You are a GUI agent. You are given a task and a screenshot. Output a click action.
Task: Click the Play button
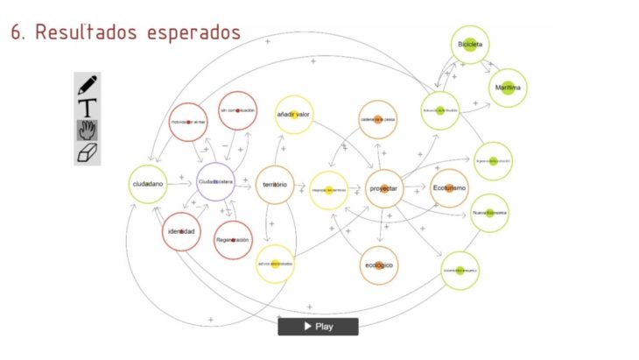pos(318,327)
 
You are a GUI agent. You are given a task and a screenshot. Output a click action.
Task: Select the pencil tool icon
pos(88,85)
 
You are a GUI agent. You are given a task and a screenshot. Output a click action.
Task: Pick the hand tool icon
pos(88,131)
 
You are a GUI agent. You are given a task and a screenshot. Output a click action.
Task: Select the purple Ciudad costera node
pos(214,182)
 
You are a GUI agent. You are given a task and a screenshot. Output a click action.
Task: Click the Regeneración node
pos(233,239)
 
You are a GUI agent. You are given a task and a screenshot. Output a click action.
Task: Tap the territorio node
pos(275,185)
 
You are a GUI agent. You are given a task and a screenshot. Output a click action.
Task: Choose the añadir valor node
pos(293,115)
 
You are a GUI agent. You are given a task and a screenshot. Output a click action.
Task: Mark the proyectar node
pos(383,189)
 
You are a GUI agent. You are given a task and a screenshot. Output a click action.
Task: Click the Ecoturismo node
pos(449,188)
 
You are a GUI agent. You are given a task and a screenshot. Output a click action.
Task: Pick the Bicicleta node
pos(470,45)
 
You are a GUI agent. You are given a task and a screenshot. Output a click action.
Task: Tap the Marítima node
pos(508,88)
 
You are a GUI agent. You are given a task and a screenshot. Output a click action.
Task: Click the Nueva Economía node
pos(489,213)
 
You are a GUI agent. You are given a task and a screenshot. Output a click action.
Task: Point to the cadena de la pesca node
pos(378,120)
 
